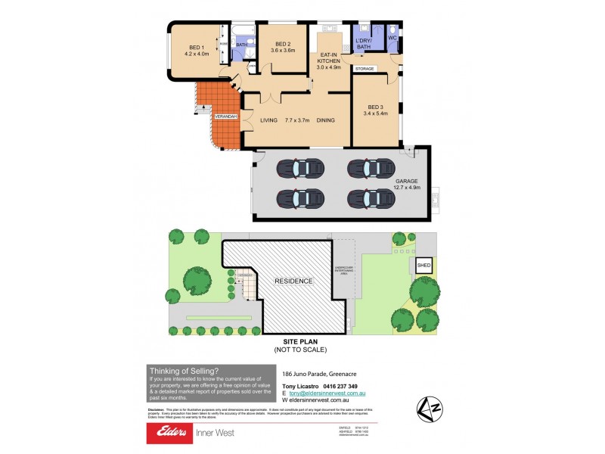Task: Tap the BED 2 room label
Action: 283,44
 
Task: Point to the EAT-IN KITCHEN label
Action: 329,54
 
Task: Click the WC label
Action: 392,37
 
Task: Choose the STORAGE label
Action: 365,69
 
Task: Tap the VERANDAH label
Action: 226,117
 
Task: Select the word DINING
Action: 326,120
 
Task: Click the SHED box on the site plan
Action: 422,266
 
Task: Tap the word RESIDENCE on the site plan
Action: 293,281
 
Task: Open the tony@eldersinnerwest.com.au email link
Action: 332,393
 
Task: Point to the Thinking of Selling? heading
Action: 185,370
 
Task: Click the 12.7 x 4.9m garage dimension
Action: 407,188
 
